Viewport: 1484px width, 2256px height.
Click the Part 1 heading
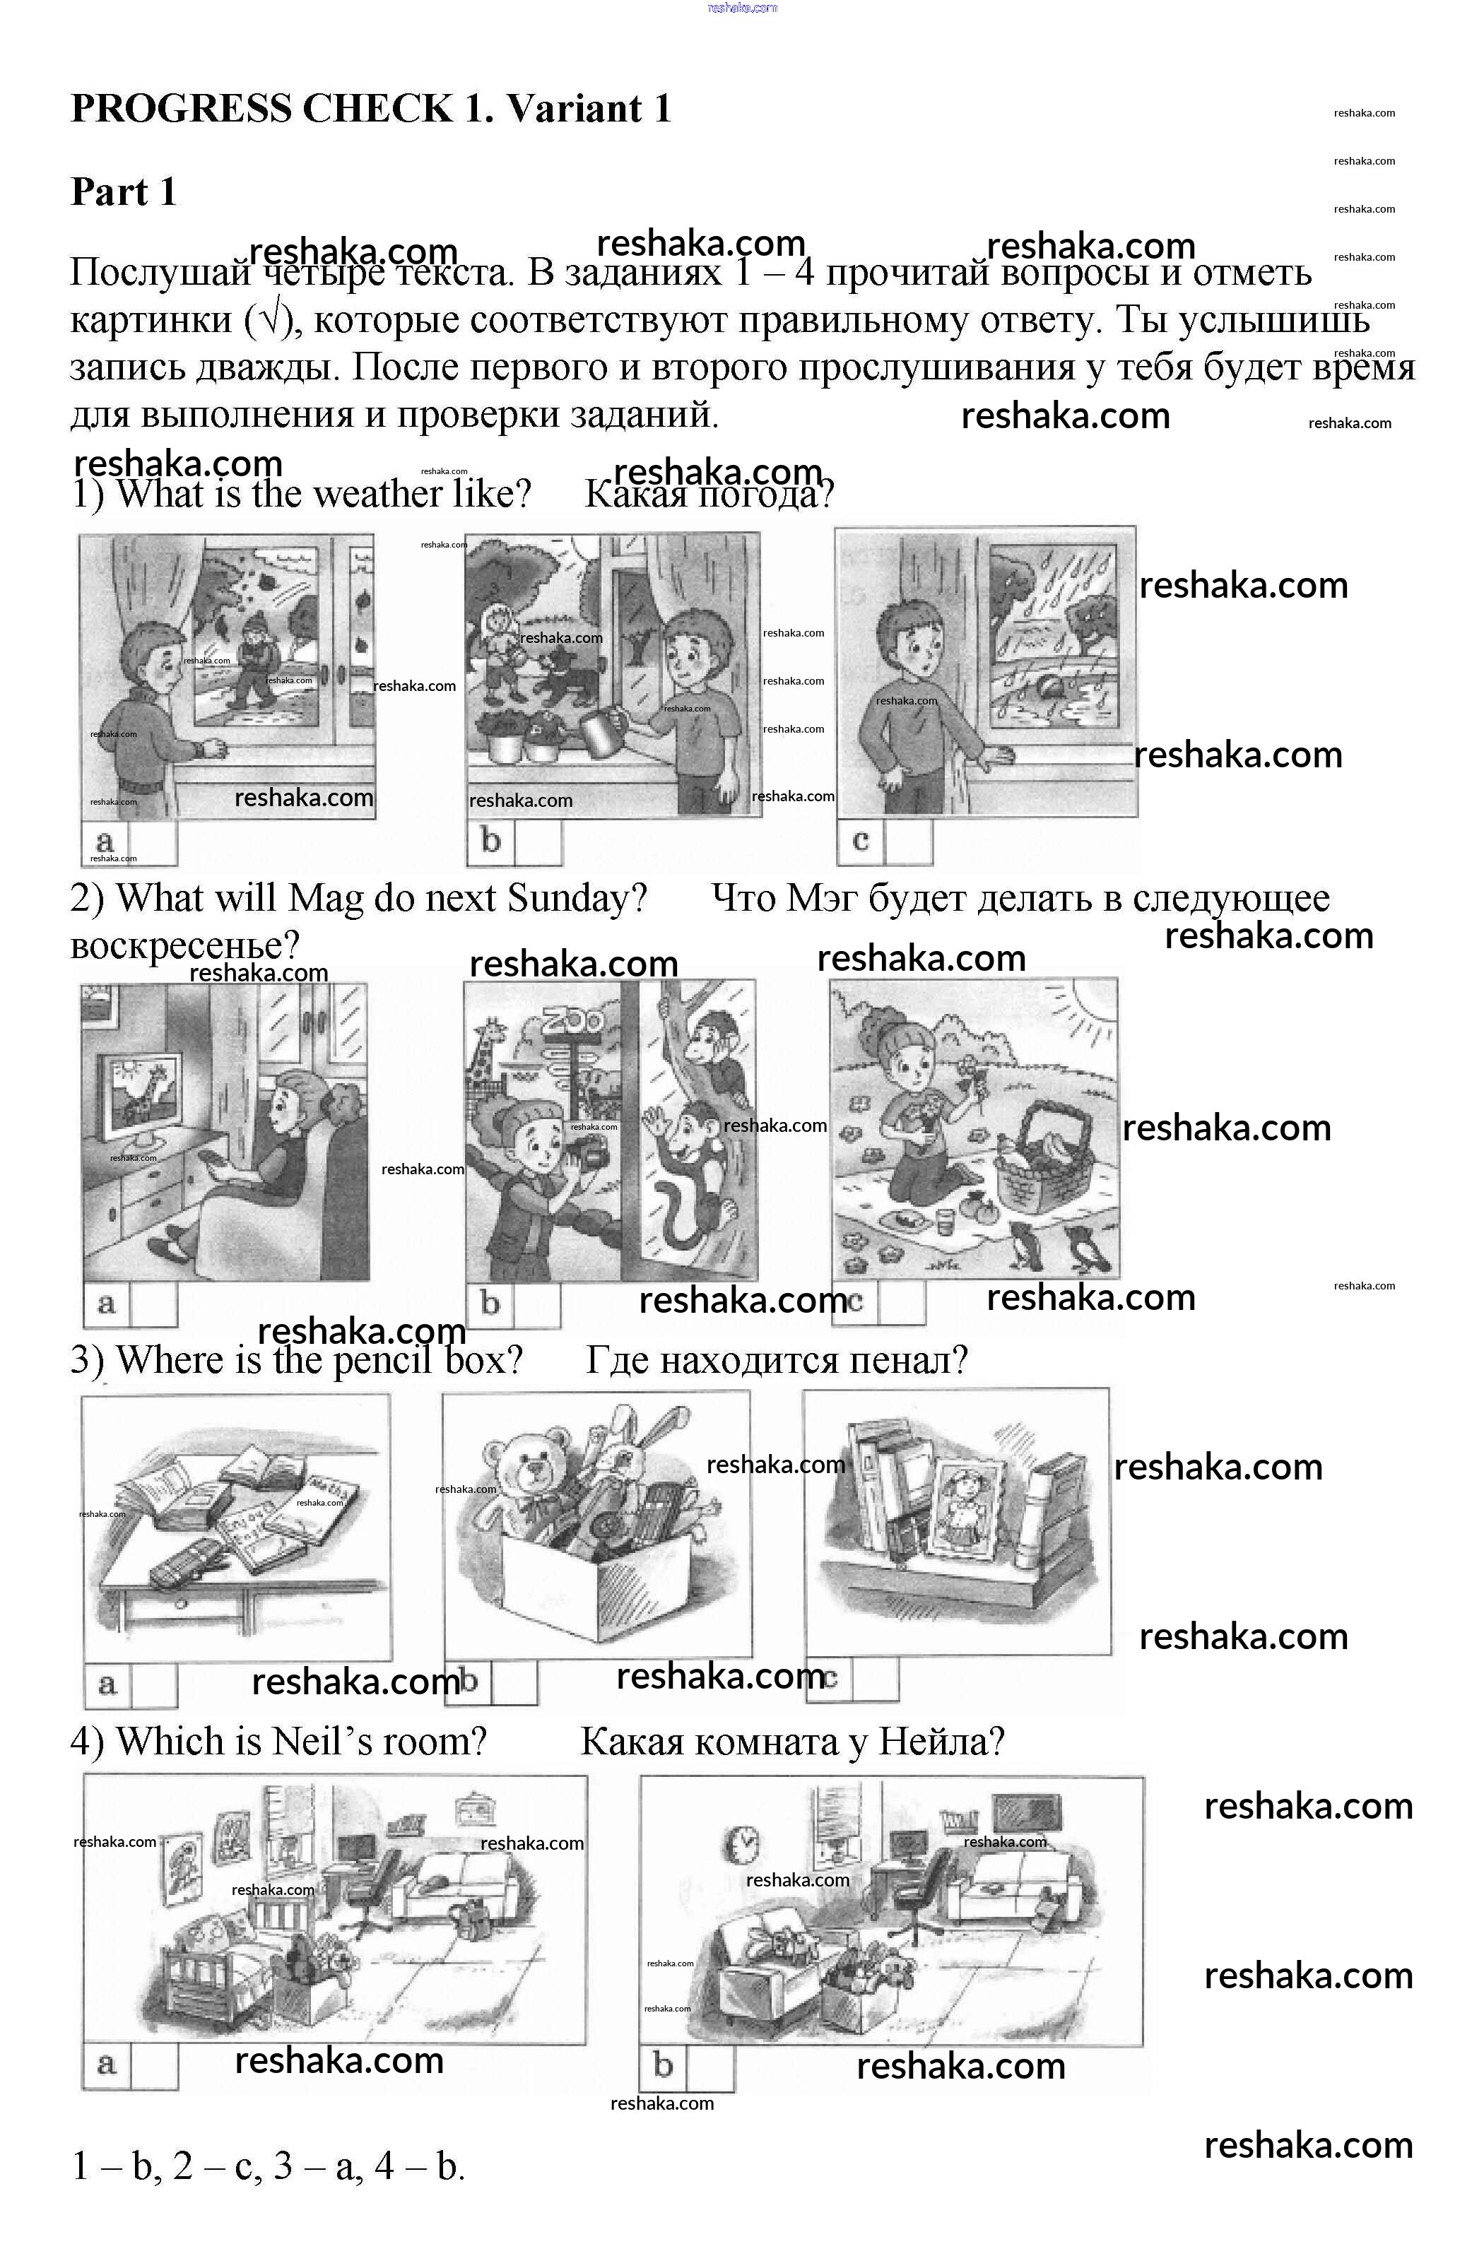pyautogui.click(x=123, y=192)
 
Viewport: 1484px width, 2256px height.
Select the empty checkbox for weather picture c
pyautogui.click(x=908, y=841)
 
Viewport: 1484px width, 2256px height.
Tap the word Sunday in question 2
pyautogui.click(x=577, y=897)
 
